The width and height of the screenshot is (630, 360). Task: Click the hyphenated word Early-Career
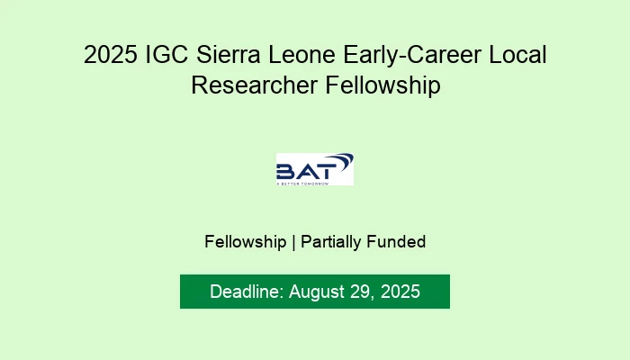(409, 56)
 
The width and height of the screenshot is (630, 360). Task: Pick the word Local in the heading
(517, 56)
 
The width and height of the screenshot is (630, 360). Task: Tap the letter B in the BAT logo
(287, 171)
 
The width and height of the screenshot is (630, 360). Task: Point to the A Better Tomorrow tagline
(302, 183)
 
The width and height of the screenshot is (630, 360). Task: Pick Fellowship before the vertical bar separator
(245, 241)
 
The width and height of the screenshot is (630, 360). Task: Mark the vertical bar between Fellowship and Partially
(293, 241)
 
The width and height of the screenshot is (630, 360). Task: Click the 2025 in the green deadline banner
(400, 292)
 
